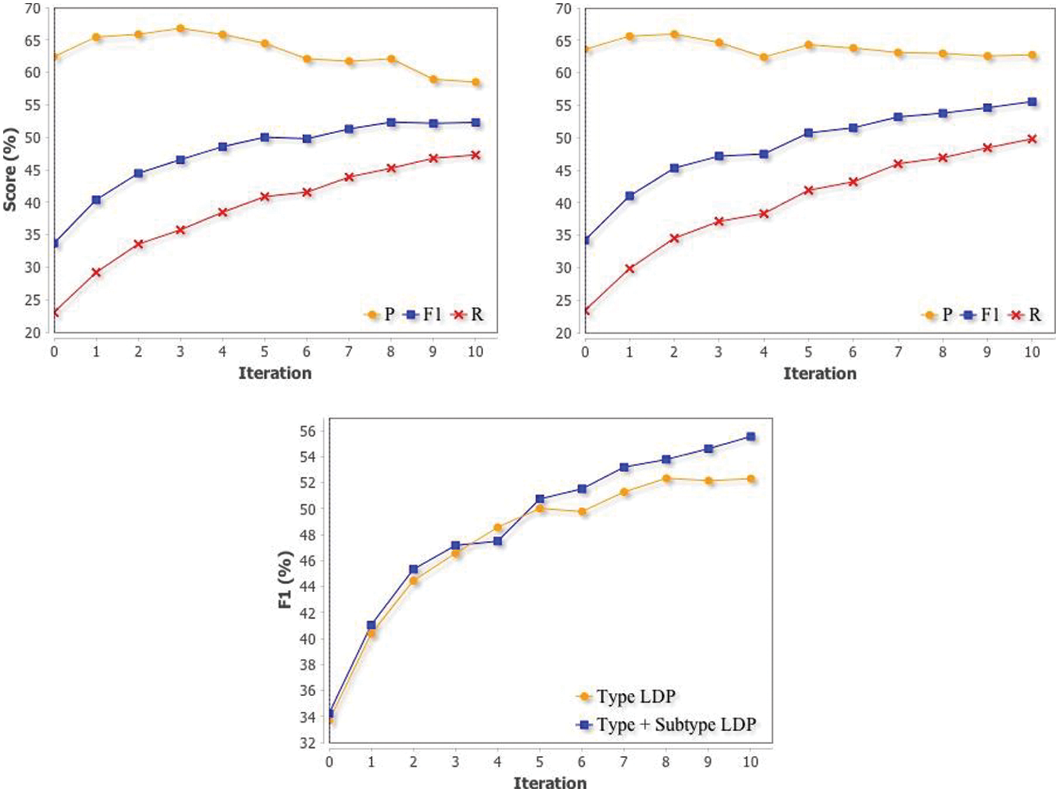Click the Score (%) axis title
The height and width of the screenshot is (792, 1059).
pos(10,170)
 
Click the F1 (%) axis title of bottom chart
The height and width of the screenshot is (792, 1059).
pos(285,580)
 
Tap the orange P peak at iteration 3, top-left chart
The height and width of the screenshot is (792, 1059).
pos(180,28)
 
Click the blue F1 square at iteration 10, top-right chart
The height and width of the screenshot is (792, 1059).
pos(1032,102)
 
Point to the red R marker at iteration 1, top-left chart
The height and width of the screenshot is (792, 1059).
pos(96,272)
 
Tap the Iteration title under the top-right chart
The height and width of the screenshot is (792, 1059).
pos(819,374)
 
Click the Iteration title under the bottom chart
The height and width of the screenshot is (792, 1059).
pos(550,783)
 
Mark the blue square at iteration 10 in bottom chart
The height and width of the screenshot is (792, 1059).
pos(751,437)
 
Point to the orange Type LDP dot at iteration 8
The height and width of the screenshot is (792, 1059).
pos(666,478)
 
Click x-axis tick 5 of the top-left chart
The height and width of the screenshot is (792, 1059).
pos(264,352)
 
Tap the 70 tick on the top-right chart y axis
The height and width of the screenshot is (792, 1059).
pos(564,8)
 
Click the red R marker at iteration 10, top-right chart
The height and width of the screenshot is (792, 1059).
pos(1032,139)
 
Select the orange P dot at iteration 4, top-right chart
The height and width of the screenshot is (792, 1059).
pos(764,57)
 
